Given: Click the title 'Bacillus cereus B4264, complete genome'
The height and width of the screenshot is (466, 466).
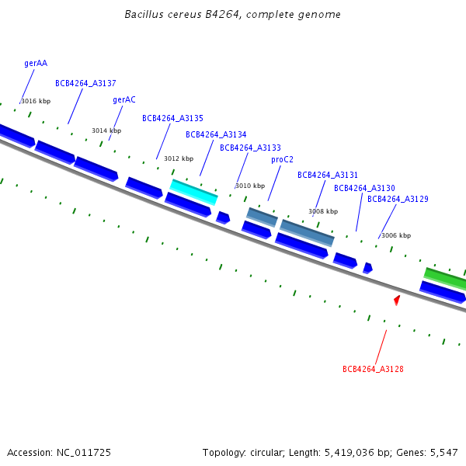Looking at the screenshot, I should (232, 15).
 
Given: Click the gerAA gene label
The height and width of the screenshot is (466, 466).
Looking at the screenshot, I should (36, 64).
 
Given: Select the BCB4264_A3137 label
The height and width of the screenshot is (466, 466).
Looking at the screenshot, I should (85, 83).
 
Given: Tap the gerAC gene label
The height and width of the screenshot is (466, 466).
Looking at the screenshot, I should (124, 100).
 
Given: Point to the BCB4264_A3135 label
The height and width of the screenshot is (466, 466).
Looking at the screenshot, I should (172, 119).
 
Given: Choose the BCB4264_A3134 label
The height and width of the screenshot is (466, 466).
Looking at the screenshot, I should (216, 135).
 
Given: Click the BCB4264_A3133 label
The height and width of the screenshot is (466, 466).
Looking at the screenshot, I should (250, 148).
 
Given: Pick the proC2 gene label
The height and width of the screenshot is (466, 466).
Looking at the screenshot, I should (282, 160).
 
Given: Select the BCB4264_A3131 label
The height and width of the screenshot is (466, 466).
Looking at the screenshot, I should (328, 176).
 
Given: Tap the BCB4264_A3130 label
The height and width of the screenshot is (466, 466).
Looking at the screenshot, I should (364, 189).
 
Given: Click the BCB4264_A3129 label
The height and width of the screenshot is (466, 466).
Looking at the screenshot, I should (398, 200).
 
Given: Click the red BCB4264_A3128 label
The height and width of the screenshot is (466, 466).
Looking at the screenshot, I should (373, 369).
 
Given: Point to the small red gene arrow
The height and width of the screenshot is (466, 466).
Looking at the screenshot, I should (397, 299).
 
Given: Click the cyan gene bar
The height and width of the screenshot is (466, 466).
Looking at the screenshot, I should (193, 191).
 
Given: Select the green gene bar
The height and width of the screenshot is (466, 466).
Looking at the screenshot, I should (445, 277).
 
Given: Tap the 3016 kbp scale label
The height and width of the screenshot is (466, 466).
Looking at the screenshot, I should (36, 102).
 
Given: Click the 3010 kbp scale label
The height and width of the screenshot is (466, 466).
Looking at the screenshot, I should (250, 186).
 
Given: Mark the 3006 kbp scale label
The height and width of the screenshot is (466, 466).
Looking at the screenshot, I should (396, 235).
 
